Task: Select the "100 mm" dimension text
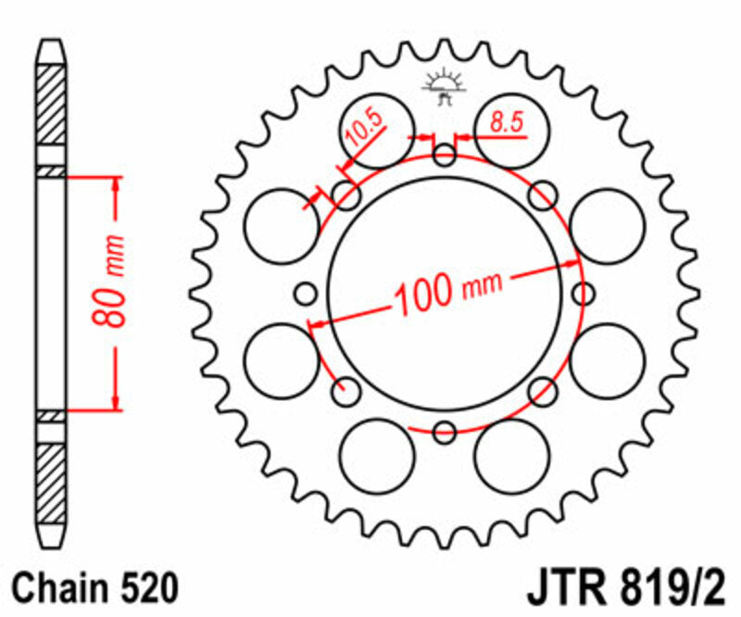click(447, 293)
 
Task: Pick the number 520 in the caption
click(144, 588)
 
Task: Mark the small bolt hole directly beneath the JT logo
click(445, 155)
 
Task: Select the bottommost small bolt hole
click(445, 432)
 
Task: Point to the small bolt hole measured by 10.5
click(346, 195)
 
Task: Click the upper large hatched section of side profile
click(51, 102)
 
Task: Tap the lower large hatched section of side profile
click(51, 482)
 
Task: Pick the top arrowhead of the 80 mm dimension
click(116, 183)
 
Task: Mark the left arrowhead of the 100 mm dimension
click(316, 323)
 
